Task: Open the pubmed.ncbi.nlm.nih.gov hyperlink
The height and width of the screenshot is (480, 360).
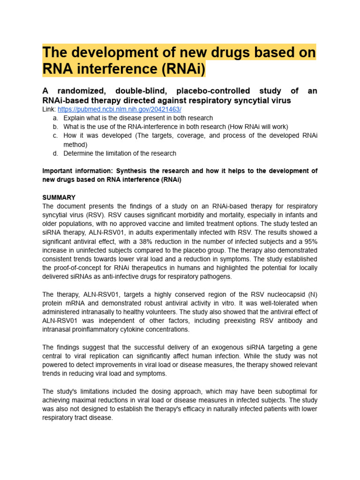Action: pos(119,109)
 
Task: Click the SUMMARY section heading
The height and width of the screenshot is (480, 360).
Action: pos(59,197)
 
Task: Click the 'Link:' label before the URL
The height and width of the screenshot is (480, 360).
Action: pos(49,109)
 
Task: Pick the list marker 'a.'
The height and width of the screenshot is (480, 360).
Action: pos(55,118)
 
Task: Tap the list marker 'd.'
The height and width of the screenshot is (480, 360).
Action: pos(55,153)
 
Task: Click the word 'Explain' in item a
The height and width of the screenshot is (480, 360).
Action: pos(75,118)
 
